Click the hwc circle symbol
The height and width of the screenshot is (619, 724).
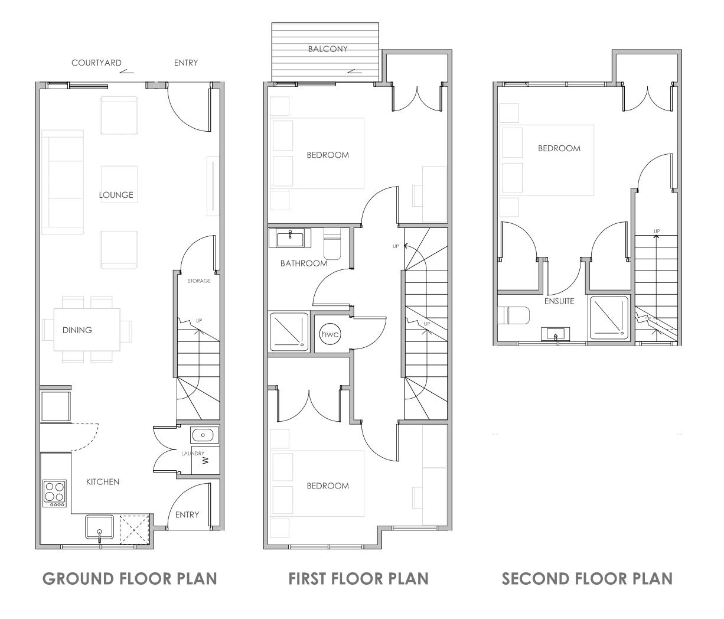pos(330,334)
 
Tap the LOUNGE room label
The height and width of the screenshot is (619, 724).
pos(116,195)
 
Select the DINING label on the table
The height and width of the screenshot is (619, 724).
pos(77,330)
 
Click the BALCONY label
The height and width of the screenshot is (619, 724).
pos(328,49)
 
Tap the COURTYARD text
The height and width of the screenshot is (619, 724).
pos(96,63)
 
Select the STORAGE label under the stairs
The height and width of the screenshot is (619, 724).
pos(199,281)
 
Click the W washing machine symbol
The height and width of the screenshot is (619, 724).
pos(206,460)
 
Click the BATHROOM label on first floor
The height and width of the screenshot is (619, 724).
pos(304,263)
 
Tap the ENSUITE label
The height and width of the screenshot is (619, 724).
pos(559,301)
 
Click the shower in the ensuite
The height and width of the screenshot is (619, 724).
pos(610,317)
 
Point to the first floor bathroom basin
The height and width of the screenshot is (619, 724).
pos(290,238)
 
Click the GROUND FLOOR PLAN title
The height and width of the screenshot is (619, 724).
pos(129,578)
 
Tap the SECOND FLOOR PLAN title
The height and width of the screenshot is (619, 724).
pos(587,578)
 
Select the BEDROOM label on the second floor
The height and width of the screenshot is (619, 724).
pos(559,148)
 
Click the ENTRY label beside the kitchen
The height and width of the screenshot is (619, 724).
pos(187,514)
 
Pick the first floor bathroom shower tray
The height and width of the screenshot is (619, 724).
pos(289,331)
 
